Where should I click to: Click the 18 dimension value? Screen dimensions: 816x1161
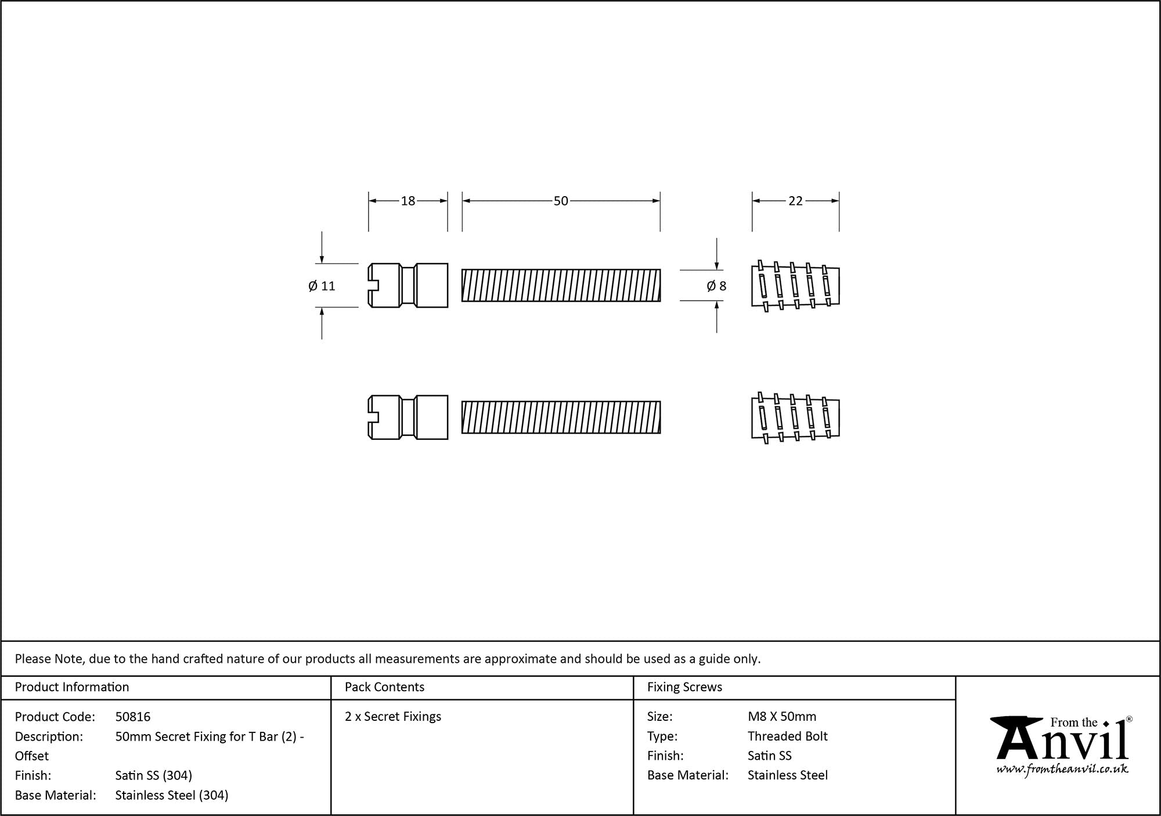(408, 201)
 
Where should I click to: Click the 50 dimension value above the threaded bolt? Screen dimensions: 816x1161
(561, 201)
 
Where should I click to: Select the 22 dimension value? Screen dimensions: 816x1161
(795, 201)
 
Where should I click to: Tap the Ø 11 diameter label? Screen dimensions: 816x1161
(322, 286)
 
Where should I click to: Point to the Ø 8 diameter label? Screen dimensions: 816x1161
(716, 286)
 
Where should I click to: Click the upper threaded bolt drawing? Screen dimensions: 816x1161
(561, 285)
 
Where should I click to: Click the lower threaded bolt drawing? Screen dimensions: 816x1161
(561, 417)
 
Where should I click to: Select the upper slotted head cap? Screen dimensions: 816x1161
(408, 285)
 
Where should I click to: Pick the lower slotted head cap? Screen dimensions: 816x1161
(408, 417)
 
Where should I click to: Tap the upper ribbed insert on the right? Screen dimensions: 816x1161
(795, 286)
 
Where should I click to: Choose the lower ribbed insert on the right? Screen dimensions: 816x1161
(795, 417)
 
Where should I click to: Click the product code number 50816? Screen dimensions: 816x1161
(133, 717)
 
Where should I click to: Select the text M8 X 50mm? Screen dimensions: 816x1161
(782, 717)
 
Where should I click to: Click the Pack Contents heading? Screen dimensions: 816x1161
(384, 687)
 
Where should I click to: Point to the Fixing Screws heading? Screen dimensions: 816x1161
(684, 687)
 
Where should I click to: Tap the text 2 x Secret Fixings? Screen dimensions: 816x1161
(393, 717)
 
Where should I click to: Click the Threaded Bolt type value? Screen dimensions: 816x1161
(787, 736)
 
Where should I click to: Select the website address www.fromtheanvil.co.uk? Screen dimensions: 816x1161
(1062, 770)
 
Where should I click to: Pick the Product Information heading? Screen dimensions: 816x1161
(72, 687)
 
